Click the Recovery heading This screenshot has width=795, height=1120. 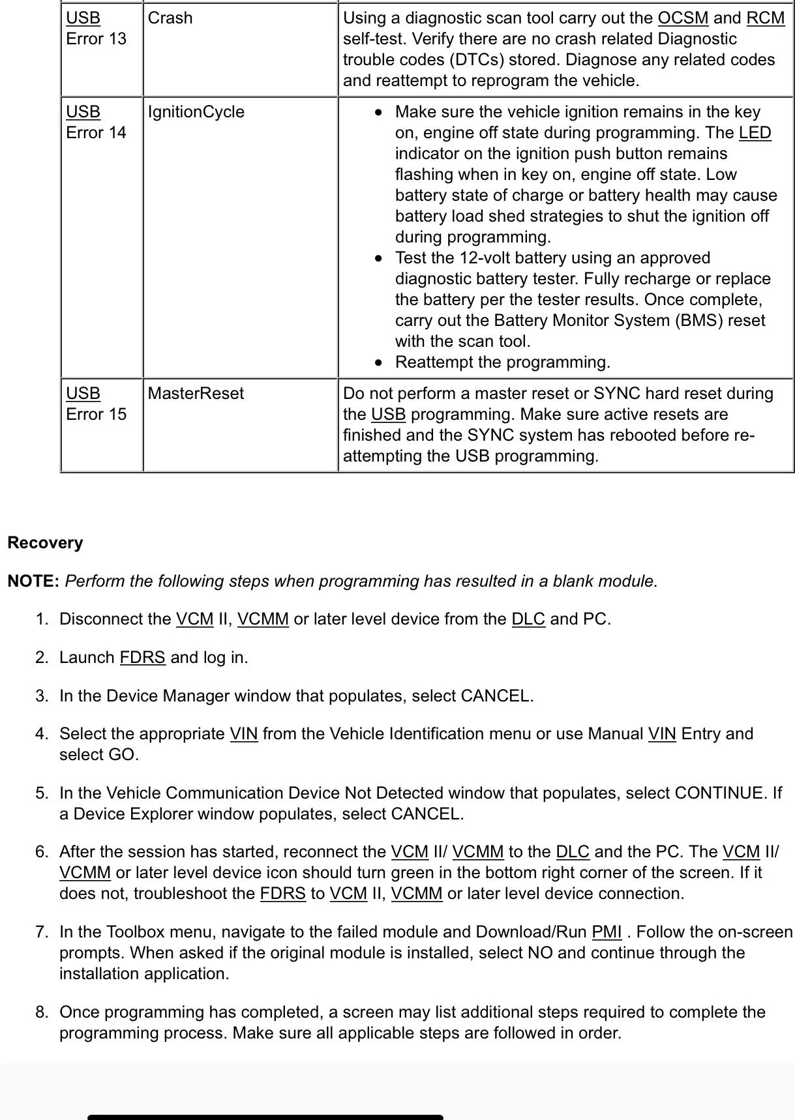45,543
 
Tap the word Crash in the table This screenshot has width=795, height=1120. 170,18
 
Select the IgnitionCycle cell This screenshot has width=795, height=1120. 196,112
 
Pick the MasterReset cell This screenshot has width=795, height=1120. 196,394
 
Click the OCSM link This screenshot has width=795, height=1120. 682,18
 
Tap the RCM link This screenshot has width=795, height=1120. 765,18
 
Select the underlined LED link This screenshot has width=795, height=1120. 755,133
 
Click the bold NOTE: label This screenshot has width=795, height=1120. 33,581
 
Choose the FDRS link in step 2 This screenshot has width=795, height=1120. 142,658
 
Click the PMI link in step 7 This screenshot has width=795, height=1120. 607,932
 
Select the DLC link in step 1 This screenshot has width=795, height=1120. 528,619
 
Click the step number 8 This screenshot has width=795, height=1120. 42,1012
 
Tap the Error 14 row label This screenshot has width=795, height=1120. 96,133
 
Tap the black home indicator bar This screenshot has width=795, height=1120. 265,1117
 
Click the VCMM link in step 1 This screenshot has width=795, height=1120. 263,619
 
